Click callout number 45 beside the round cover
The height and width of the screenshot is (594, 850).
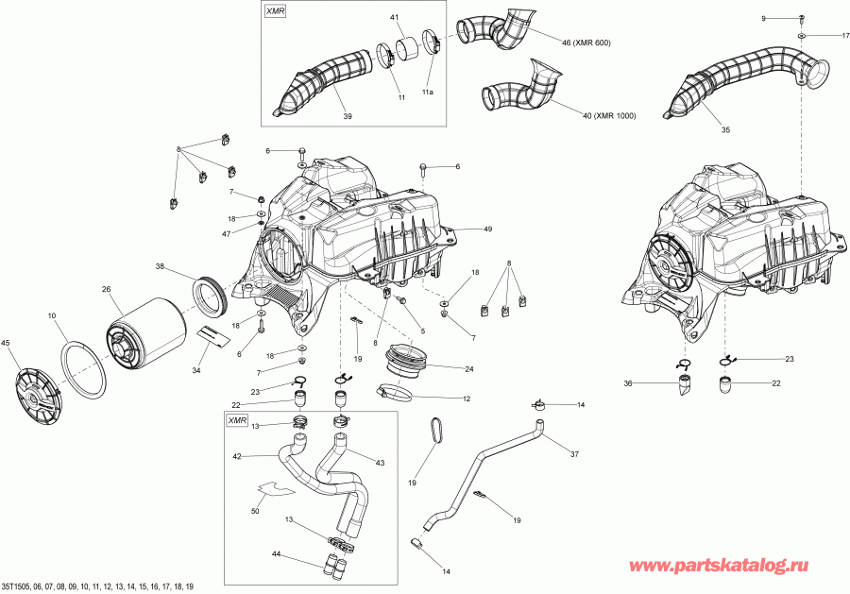(x=7, y=343)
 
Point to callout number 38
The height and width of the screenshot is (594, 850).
(x=161, y=267)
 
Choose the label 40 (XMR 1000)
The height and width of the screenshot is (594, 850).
(x=609, y=116)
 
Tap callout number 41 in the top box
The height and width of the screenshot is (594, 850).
(x=394, y=19)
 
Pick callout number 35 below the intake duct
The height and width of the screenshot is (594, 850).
(x=726, y=129)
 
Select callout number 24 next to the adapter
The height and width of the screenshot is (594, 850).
(x=469, y=367)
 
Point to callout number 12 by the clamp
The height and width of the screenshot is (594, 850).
(x=466, y=399)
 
